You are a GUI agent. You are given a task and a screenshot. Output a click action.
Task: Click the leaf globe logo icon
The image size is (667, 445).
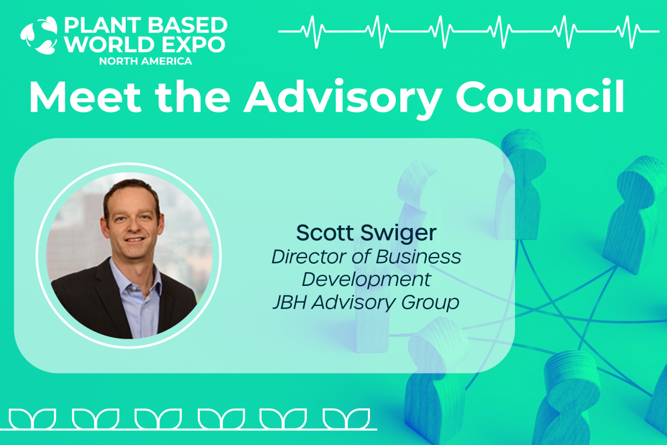click(x=39, y=36)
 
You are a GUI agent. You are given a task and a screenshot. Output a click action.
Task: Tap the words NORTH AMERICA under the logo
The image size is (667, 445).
click(x=145, y=61)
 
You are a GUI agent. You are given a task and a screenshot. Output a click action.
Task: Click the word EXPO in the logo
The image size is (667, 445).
click(x=193, y=44)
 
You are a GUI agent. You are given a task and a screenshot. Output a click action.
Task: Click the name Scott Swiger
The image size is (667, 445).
click(x=366, y=233)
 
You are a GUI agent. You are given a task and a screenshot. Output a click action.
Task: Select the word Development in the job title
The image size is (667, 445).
click(x=366, y=280)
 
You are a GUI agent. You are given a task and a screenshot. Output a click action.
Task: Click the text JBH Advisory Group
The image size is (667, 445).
click(x=366, y=303)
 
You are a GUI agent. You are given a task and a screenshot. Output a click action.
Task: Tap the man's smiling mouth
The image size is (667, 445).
click(x=135, y=239)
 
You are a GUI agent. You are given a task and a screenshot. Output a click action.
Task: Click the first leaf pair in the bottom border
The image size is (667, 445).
click(x=32, y=419)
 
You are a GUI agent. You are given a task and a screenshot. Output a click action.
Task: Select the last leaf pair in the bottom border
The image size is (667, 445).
click(x=346, y=419)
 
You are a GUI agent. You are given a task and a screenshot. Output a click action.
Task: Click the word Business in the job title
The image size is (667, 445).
click(x=419, y=256)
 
